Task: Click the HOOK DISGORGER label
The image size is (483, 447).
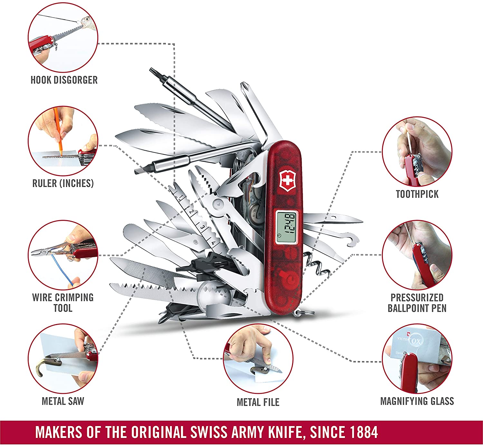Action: click(x=64, y=80)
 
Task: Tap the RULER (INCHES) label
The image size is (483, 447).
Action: click(x=63, y=183)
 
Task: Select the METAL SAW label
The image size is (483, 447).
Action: click(x=63, y=401)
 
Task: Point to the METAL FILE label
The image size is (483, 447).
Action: click(x=258, y=402)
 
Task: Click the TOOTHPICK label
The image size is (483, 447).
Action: click(x=417, y=194)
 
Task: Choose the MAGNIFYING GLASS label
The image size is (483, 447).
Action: click(x=417, y=401)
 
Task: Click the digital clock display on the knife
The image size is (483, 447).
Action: click(x=287, y=227)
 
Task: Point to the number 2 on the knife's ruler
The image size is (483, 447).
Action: click(x=191, y=212)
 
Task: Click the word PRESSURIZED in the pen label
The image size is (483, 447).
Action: click(x=417, y=298)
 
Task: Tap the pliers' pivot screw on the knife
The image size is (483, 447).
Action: click(x=218, y=204)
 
